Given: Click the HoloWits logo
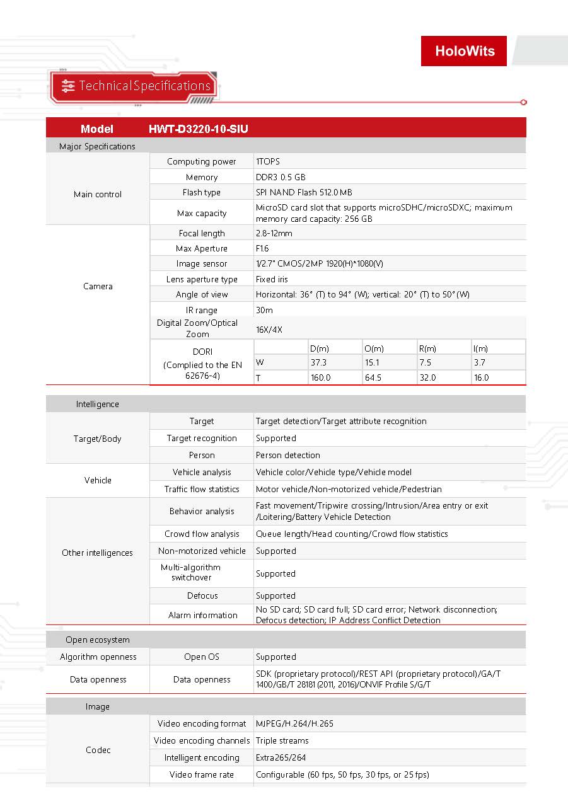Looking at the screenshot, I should pyautogui.click(x=464, y=51).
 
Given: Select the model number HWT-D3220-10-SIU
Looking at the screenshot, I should pyautogui.click(x=199, y=129).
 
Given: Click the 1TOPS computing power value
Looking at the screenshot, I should pyautogui.click(x=268, y=162).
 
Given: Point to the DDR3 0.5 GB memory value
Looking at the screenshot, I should pyautogui.click(x=281, y=178).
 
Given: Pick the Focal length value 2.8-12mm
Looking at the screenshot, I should pyautogui.click(x=274, y=233).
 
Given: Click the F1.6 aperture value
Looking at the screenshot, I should pyautogui.click(x=262, y=249).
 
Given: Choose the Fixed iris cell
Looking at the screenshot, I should pyautogui.click(x=272, y=279).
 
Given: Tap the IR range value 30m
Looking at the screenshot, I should pyautogui.click(x=264, y=310).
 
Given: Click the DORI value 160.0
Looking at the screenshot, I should pyautogui.click(x=320, y=378).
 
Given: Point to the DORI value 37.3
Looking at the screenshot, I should pyautogui.click(x=318, y=363).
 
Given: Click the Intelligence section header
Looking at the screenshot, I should pyautogui.click(x=98, y=405).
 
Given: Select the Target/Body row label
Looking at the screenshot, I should pyautogui.click(x=98, y=439).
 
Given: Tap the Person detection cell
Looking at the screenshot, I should pyautogui.click(x=288, y=455).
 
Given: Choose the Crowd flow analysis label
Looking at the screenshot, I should pyautogui.click(x=202, y=534).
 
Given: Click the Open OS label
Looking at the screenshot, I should pyautogui.click(x=202, y=657).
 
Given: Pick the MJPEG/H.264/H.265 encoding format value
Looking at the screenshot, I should pyautogui.click(x=294, y=724).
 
